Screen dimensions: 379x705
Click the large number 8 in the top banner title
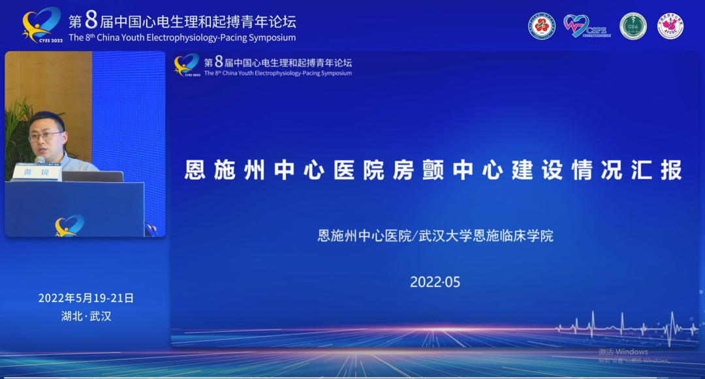[91, 20]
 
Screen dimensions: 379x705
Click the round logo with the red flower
[542, 26]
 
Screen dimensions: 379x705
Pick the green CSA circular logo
[633, 26]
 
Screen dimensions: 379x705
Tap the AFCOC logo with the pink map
[670, 26]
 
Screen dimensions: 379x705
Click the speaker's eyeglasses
[46, 137]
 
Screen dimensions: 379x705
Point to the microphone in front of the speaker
[40, 160]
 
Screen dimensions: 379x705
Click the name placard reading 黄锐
[36, 172]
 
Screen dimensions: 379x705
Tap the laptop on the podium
[92, 176]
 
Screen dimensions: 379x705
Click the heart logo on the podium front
[69, 226]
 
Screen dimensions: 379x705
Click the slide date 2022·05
[435, 282]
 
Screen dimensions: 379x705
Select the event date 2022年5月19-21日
[86, 298]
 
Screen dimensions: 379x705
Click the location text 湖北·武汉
[86, 316]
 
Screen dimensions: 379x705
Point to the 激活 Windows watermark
[623, 352]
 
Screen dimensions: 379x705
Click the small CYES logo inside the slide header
[187, 65]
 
